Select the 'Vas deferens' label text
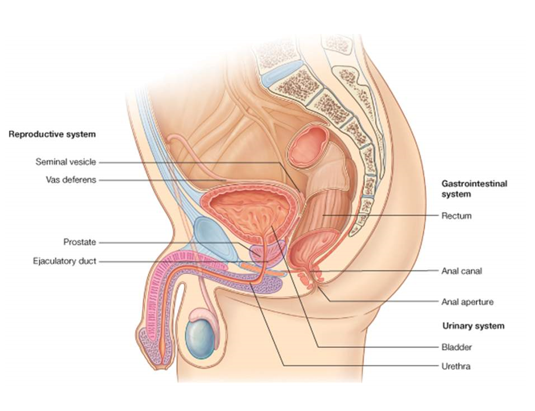pyautogui.click(x=70, y=180)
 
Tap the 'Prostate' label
pyautogui.click(x=80, y=242)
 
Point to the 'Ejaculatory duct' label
pyautogui.click(x=64, y=261)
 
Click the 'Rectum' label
pyautogui.click(x=456, y=216)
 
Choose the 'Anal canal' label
pyautogui.click(x=461, y=271)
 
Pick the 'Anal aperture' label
pyautogui.click(x=467, y=302)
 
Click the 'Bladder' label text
pyautogui.click(x=457, y=347)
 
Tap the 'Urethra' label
pyautogui.click(x=456, y=367)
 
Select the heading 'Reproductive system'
pyautogui.click(x=51, y=134)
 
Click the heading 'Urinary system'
pyautogui.click(x=473, y=326)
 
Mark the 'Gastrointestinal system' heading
pyautogui.click(x=474, y=188)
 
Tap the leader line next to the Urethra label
pyautogui.click(x=363, y=367)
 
